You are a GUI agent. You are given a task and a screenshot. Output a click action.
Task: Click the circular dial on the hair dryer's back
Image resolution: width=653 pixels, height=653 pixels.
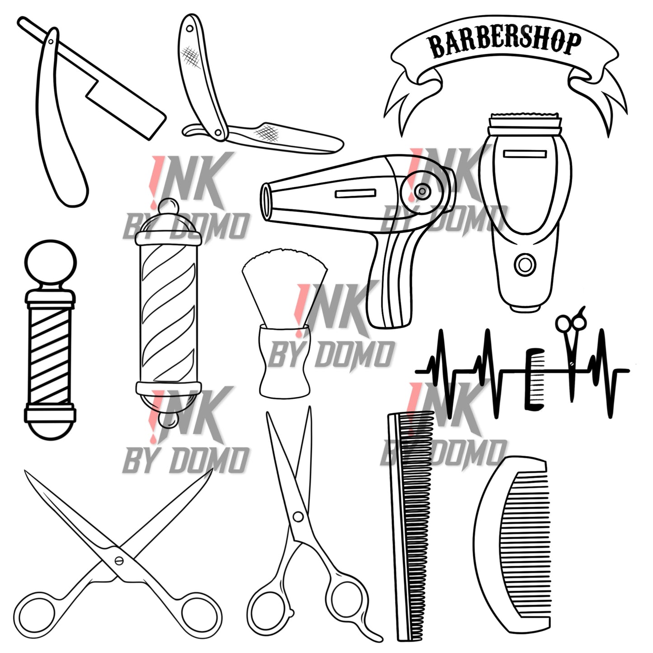pyautogui.click(x=422, y=191)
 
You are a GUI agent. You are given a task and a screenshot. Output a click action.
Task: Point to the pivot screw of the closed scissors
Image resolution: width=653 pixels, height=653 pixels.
pyautogui.click(x=298, y=516)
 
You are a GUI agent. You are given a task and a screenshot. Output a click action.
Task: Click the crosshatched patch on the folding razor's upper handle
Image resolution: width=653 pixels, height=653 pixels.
pyautogui.click(x=191, y=57)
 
